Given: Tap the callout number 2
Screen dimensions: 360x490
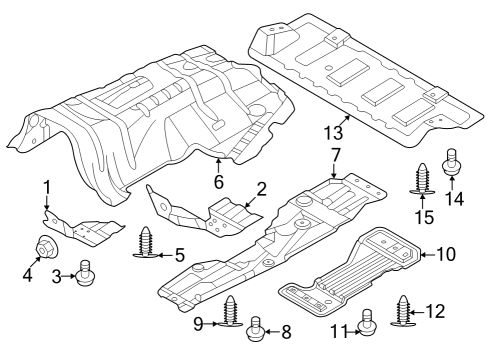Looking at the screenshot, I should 261,187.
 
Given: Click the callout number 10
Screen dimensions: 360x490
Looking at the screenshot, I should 446,254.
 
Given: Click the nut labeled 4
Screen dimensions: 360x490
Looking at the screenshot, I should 47,246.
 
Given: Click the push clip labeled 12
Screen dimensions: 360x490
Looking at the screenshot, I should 405,311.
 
